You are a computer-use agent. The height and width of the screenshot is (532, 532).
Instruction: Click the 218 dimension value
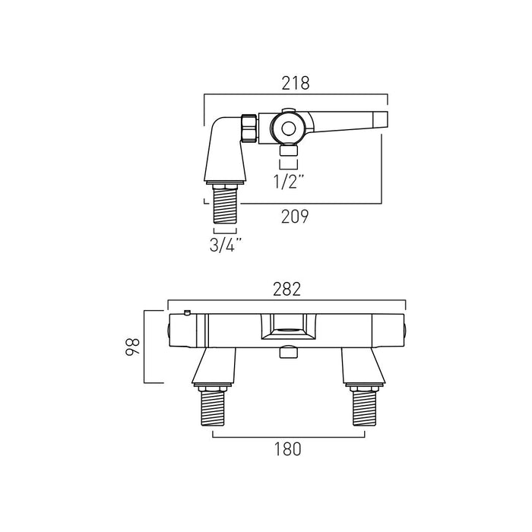click(296, 84)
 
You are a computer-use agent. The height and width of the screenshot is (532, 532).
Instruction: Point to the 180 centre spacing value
click(287, 448)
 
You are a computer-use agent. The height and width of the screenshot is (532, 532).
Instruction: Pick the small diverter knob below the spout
click(287, 352)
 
